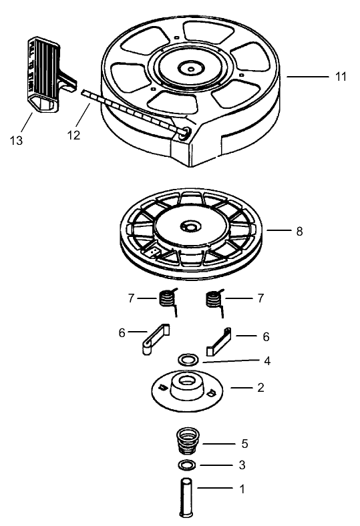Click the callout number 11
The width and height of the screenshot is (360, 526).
click(341, 77)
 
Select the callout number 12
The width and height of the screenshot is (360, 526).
click(73, 135)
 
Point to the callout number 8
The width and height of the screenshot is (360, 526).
click(299, 231)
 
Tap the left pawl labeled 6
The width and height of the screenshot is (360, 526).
click(156, 338)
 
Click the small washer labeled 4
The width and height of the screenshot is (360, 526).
click(188, 360)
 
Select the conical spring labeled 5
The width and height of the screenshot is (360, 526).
click(187, 442)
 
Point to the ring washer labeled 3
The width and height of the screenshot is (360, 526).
click(187, 465)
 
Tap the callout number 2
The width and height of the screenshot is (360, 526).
click(261, 386)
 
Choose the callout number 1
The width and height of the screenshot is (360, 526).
click(242, 489)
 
